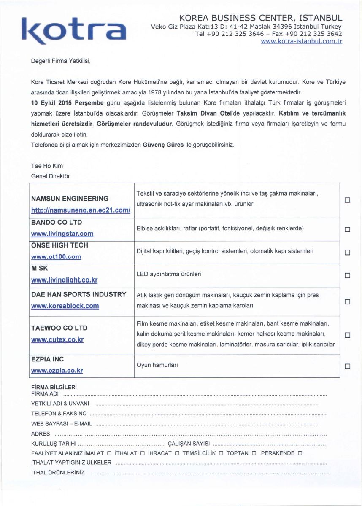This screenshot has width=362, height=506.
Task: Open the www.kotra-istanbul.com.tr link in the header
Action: (301, 41)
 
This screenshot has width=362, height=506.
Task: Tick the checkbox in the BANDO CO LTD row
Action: (347, 230)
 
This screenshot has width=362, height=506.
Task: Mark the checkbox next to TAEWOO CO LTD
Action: (347, 335)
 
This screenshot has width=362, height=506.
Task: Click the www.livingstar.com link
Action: (62, 234)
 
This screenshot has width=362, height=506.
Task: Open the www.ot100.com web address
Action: (56, 256)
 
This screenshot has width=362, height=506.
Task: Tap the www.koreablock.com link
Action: (65, 306)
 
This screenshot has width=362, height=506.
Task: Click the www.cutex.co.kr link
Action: (57, 339)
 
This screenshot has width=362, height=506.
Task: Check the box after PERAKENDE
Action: (300, 453)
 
